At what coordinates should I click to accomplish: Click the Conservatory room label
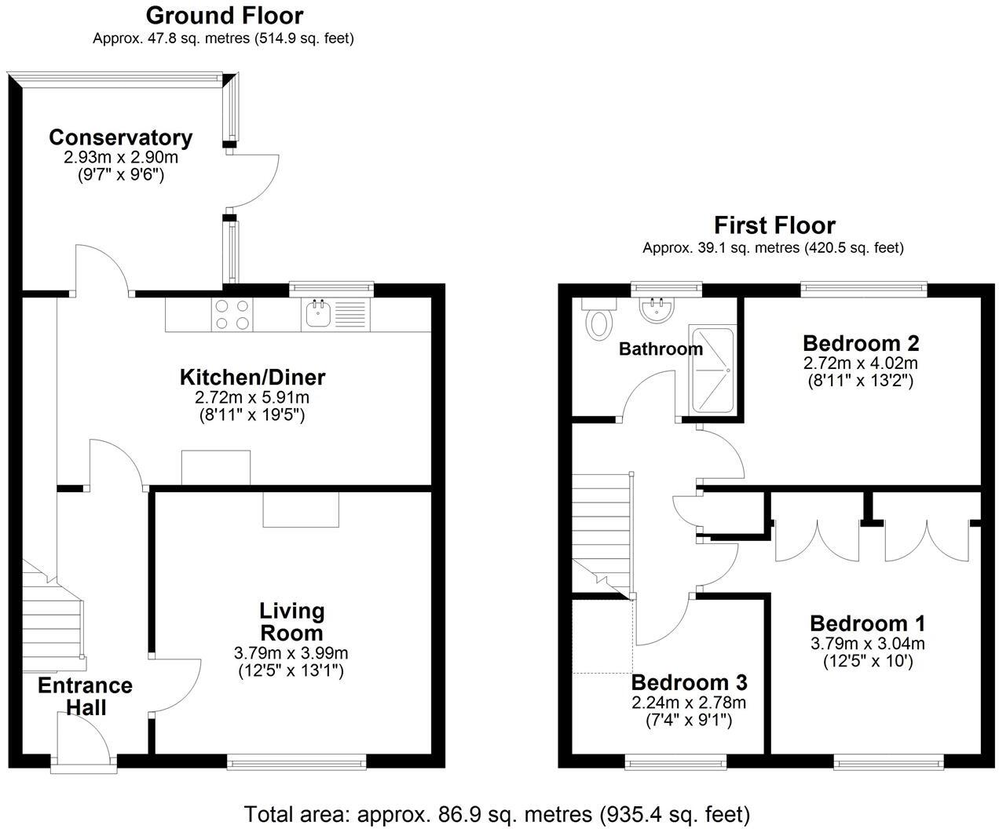(x=120, y=137)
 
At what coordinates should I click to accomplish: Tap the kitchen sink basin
(x=317, y=315)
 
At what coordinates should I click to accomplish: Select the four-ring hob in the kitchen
(x=232, y=315)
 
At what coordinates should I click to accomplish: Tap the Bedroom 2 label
(x=861, y=343)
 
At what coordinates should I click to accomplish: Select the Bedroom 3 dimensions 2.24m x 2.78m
(x=688, y=702)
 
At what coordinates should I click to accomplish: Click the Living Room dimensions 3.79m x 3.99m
(x=291, y=652)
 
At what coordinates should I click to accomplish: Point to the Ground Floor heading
(x=224, y=15)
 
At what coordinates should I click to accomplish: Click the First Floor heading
(x=774, y=225)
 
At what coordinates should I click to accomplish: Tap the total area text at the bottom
(x=497, y=813)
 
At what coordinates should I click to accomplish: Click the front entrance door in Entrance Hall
(x=83, y=738)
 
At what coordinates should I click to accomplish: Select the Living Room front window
(x=296, y=761)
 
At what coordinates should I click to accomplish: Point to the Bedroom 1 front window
(x=888, y=761)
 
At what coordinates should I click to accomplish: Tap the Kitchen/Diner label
(x=252, y=377)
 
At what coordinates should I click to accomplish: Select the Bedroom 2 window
(x=864, y=290)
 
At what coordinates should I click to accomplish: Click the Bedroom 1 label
(x=867, y=623)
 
